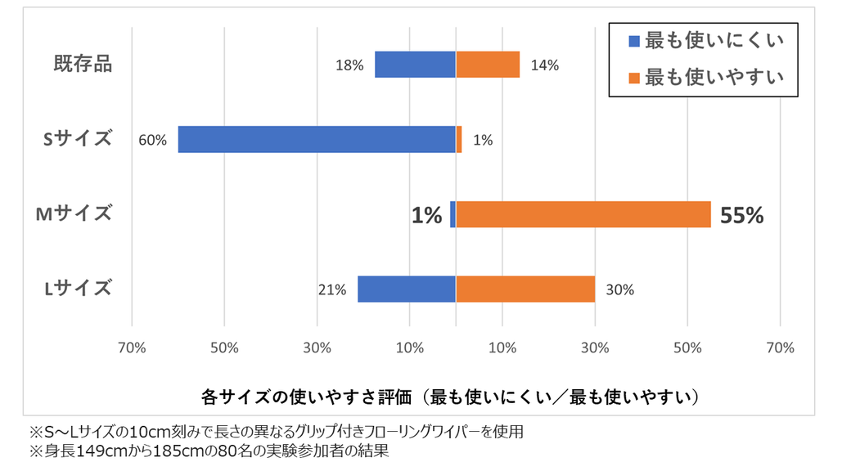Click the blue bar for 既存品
415,65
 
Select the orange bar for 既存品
488,65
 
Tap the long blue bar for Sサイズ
316,139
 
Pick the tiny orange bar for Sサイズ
459,139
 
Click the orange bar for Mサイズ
583,214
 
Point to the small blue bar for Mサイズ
453,214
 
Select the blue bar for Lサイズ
406,289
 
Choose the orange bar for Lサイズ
525,289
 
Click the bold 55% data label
741,215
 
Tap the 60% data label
152,140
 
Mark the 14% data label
545,65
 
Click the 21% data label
332,289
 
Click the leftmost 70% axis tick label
132,348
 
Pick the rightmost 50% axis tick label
687,348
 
